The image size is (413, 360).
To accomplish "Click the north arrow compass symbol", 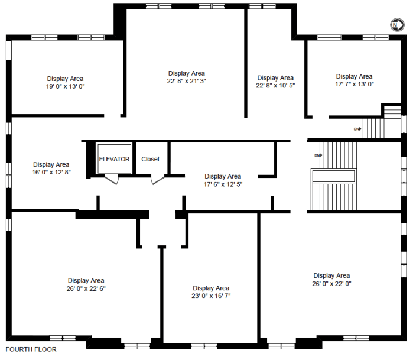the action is (397, 25).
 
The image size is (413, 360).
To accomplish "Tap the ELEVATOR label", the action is (114, 159).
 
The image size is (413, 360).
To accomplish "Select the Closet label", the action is (151, 159).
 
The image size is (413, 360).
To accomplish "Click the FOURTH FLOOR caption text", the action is (31, 349).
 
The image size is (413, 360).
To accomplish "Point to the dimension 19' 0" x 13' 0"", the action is (66, 86).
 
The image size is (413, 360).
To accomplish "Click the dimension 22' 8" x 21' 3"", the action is (187, 81).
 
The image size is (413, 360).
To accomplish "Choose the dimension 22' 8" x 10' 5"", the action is (275, 85).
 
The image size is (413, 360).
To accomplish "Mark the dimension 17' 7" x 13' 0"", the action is (355, 84).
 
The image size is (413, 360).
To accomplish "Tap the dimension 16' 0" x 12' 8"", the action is (51, 172).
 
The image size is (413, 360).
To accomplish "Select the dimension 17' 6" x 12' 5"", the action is (223, 184).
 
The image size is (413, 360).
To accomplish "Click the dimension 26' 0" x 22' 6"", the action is (86, 288).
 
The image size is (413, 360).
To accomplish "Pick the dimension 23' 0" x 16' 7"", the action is (211, 296).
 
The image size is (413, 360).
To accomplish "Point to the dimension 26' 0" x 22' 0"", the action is (331, 284).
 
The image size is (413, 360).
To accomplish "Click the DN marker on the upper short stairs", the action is (357, 129).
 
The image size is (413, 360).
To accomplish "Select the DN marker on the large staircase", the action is (318, 155).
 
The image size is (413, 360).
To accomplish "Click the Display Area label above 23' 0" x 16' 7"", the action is (211, 288).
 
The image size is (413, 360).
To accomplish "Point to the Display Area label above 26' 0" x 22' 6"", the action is (86, 280).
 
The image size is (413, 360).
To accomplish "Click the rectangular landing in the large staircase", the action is (333, 176).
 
